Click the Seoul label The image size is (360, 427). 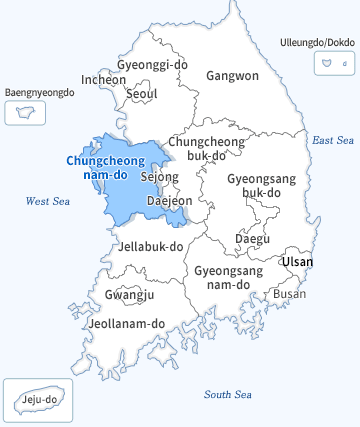[142, 94]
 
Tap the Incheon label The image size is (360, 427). [104, 79]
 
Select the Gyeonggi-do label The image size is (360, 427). [153, 64]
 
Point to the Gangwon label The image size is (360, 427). [232, 75]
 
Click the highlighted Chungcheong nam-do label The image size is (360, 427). [102, 167]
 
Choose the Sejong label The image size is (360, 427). [160, 177]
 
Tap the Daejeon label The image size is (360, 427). [169, 201]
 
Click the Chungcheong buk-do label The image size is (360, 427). [205, 150]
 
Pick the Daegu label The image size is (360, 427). [252, 239]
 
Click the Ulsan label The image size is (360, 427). [297, 262]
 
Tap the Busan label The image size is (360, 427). [290, 294]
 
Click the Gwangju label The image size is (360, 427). [129, 295]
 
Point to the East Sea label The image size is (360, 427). [333, 140]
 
